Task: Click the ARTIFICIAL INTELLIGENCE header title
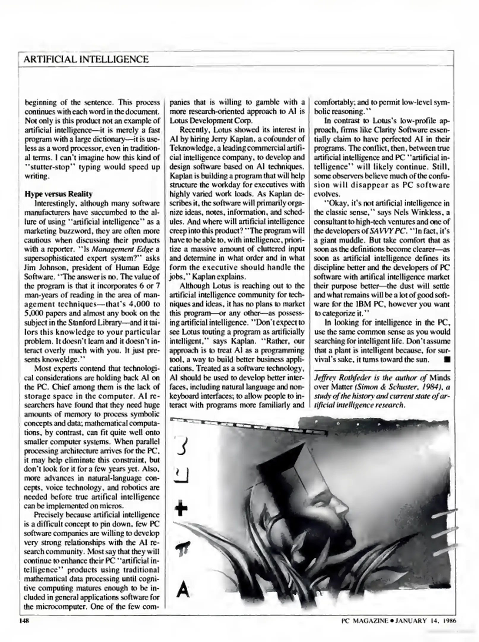coord(86,59)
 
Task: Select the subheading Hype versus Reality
coord(59,194)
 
